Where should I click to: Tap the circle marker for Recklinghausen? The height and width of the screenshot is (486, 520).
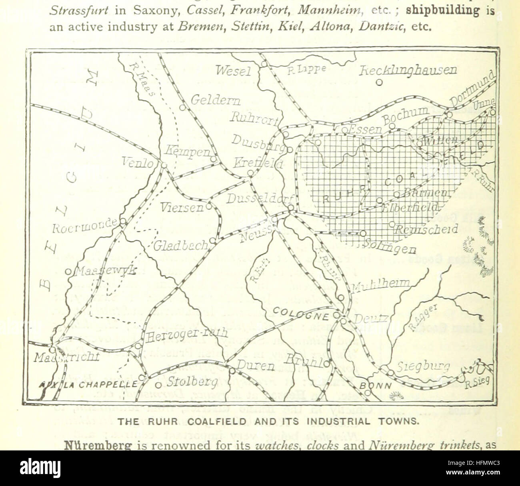[x=380, y=83]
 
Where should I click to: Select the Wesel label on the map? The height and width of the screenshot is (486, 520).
[x=234, y=71]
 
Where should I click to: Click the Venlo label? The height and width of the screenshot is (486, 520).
[x=138, y=163]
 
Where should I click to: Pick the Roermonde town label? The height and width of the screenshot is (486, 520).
[x=85, y=227]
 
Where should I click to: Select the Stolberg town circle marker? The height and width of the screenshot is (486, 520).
[x=158, y=385]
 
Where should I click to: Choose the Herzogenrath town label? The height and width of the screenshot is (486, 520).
[x=186, y=335]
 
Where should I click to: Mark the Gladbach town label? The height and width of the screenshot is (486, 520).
[x=181, y=245]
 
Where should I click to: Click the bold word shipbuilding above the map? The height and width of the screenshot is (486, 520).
[x=442, y=10]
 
